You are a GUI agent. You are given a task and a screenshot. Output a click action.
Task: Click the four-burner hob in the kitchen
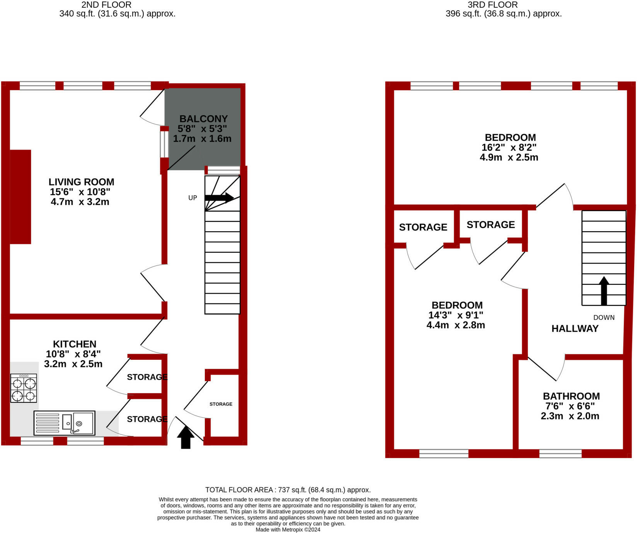click(24, 388)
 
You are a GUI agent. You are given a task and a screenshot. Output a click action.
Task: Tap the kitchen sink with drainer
click(65, 423)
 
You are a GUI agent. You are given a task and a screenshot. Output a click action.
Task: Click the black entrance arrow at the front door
click(186, 437)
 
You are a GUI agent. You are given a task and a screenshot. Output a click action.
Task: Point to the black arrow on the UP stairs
click(219, 198)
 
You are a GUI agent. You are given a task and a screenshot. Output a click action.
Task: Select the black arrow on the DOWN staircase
click(604, 291)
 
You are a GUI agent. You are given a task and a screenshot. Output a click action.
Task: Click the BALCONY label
click(203, 119)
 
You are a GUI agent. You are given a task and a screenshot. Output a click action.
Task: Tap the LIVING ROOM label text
click(81, 182)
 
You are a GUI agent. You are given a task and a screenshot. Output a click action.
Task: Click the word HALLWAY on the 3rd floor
click(575, 329)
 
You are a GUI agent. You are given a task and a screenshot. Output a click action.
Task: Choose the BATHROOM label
click(571, 396)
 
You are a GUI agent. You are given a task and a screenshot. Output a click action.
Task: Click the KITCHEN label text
click(75, 344)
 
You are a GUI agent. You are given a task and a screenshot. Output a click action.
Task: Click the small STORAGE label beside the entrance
click(221, 404)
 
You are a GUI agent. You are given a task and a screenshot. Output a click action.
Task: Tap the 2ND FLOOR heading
click(106, 5)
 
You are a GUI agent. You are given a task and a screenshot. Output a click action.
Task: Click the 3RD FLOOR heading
click(493, 5)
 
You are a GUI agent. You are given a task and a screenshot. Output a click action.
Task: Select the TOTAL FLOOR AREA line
click(288, 490)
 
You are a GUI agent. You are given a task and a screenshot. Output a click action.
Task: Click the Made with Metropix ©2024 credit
click(288, 530)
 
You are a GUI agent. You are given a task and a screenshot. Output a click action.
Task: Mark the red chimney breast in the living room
click(20, 197)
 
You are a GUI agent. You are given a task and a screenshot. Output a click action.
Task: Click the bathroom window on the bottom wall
click(560, 453)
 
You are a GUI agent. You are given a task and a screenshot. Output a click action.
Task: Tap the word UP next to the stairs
click(192, 198)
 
